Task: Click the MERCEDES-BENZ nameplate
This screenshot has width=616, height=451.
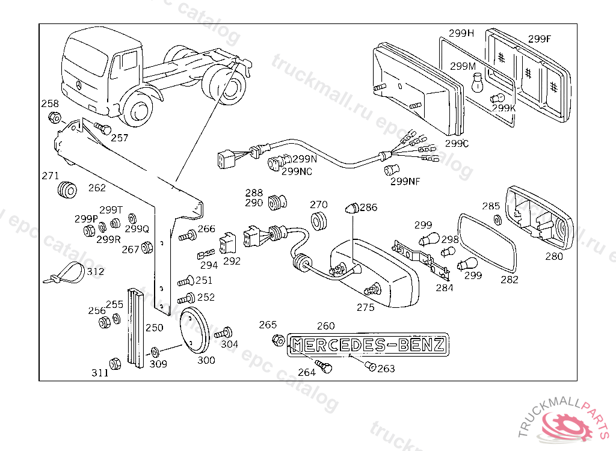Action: [x=368, y=345]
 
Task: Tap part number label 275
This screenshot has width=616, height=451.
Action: [x=365, y=307]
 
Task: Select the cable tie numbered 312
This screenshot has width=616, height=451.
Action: [x=64, y=272]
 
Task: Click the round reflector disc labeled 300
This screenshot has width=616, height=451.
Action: [x=194, y=331]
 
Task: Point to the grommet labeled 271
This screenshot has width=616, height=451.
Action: [x=67, y=190]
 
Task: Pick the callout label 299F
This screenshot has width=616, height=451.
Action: [x=540, y=39]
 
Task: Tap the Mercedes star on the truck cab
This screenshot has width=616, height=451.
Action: [x=79, y=85]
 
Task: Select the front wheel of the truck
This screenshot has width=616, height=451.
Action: [x=138, y=109]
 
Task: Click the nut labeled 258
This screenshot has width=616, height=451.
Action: [x=54, y=117]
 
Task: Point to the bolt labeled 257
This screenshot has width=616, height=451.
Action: [x=103, y=128]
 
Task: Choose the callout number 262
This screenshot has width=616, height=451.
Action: [x=97, y=188]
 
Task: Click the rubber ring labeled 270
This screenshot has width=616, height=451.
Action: [x=319, y=221]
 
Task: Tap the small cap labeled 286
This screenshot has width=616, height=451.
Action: [x=352, y=208]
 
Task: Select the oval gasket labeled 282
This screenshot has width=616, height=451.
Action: [x=487, y=242]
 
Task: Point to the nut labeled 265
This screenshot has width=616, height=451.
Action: [x=279, y=340]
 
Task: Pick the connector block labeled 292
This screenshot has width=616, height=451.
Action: [x=228, y=244]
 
